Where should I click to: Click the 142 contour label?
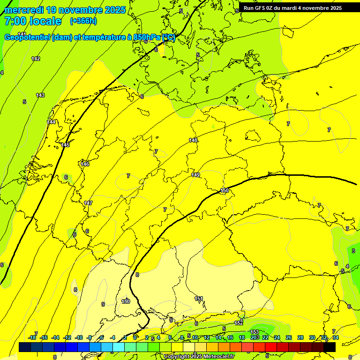36,59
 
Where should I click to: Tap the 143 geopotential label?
40,95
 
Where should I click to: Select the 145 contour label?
65,145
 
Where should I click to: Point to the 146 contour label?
85,164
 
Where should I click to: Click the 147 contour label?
88,203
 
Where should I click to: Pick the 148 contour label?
193,140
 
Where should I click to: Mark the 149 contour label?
195,175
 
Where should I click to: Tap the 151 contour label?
199,299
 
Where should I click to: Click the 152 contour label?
239,323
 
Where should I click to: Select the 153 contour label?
255,332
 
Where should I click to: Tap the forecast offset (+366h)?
83,21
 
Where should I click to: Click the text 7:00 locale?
33,21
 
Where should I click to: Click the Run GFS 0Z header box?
292,7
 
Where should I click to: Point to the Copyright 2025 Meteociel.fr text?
199,356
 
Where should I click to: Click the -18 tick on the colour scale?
32,337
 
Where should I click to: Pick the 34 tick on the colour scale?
335,337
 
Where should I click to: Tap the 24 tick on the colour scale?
277,337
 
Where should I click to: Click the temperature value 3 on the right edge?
353,251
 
